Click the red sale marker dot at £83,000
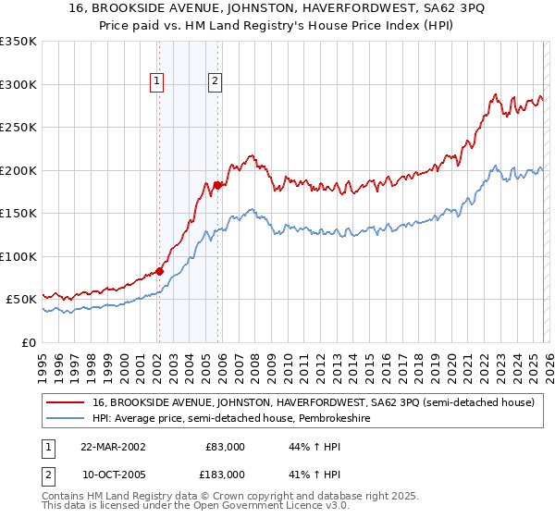point(159,271)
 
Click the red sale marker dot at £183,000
point(217,185)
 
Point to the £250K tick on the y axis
point(18,127)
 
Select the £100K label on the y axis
point(18,256)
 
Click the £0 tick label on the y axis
point(28,342)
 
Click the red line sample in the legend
point(65,402)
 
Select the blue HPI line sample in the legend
point(65,419)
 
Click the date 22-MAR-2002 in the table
point(112,447)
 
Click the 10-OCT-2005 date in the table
point(112,475)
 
